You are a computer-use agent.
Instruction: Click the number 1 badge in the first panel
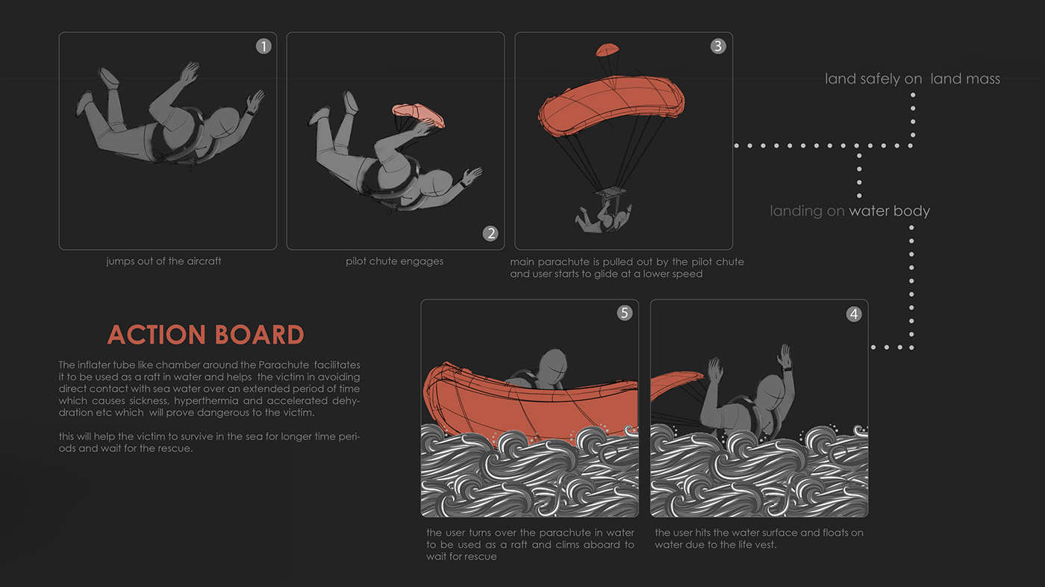click(263, 46)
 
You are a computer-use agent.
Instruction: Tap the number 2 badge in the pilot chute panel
click(490, 233)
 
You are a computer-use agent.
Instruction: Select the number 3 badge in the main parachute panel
click(718, 45)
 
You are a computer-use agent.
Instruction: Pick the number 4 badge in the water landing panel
click(854, 314)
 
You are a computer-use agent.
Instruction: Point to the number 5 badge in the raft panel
click(625, 313)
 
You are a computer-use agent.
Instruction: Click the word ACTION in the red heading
click(157, 335)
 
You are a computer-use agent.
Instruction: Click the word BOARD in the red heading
click(260, 335)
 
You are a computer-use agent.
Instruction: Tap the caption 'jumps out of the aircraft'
click(163, 261)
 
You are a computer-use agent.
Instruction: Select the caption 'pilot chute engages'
click(395, 261)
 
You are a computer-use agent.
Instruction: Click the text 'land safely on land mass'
click(912, 79)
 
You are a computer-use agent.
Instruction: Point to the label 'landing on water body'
click(850, 211)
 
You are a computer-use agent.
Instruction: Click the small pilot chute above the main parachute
click(608, 49)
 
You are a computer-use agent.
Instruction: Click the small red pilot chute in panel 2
click(419, 115)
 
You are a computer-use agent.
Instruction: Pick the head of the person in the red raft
click(553, 366)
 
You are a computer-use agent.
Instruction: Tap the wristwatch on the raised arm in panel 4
click(788, 369)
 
